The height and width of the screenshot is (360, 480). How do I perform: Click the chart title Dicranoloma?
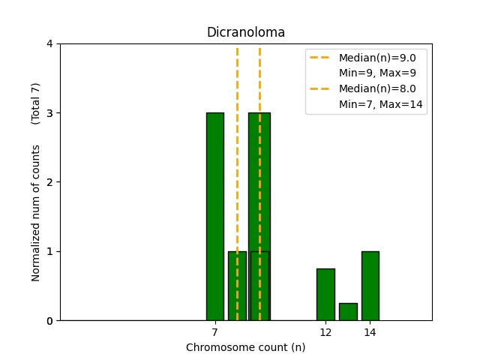[x=246, y=32]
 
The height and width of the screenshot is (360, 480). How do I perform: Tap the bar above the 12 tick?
[x=325, y=294]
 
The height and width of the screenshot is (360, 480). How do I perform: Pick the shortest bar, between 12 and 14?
[x=348, y=311]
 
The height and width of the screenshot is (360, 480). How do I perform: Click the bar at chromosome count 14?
[x=370, y=285]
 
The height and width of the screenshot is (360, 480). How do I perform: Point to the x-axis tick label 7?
[x=215, y=331]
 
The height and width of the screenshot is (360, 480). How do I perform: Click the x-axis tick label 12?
[x=325, y=331]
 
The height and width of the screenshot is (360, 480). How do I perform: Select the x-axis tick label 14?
[x=370, y=331]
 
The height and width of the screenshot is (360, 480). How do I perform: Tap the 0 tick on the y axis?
[x=50, y=321]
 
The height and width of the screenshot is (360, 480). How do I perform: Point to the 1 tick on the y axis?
[x=50, y=251]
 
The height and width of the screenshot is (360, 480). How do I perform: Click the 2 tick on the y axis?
[x=50, y=182]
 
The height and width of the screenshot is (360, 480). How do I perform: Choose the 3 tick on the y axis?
[x=50, y=113]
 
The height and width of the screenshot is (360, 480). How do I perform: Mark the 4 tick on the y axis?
[x=50, y=43]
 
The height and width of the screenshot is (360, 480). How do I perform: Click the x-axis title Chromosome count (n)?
[x=246, y=347]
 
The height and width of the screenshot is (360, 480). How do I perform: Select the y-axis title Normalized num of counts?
[x=36, y=213]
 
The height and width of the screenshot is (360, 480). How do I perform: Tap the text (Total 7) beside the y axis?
[x=36, y=103]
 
